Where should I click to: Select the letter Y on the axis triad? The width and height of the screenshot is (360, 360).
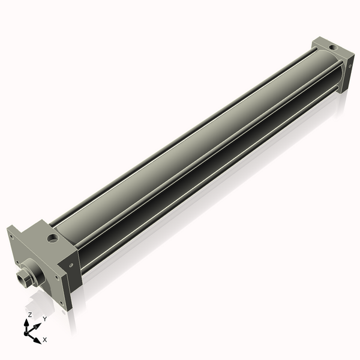(x=45, y=319)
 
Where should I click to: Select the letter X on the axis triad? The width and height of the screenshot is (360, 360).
(x=45, y=340)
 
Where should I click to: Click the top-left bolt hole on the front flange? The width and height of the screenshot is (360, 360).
(x=11, y=236)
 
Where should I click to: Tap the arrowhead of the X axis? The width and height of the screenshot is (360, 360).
(x=37, y=340)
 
